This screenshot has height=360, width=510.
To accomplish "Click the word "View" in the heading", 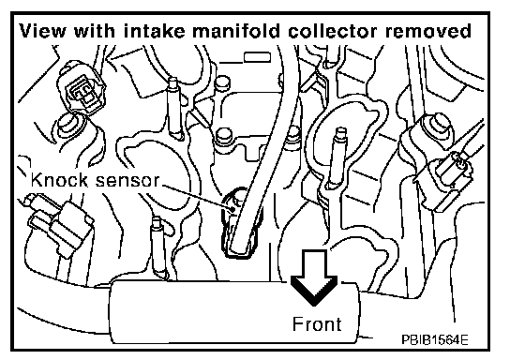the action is pos(42,31).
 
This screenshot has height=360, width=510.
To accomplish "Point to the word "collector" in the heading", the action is pos(333,31).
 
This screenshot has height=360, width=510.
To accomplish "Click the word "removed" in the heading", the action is pos(428,31).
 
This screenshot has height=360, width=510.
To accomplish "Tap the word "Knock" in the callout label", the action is pos(59,180).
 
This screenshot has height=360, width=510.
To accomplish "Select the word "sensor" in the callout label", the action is pos(127,182).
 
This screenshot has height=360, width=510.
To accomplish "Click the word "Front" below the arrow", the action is pos(317,323).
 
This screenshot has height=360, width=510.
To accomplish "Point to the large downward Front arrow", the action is pos(314,277).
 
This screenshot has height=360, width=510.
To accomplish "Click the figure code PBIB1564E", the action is pos(435,339).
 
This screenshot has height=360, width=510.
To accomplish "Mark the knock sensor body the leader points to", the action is pos(242,224).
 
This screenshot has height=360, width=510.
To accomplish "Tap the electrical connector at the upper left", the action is pos(82,90).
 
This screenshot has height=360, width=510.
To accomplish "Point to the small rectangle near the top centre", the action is pos(257,57).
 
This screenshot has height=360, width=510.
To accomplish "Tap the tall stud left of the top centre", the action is pos(174,109).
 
